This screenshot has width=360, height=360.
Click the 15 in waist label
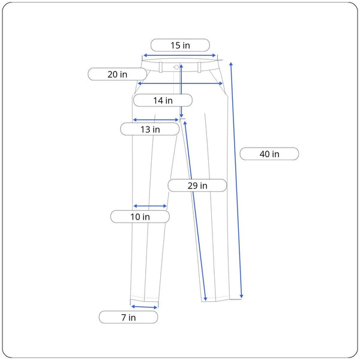click(180, 45)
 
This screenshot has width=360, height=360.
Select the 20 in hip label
click(118, 74)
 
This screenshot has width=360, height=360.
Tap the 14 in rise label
click(163, 100)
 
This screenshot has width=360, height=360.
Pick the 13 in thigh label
click(150, 129)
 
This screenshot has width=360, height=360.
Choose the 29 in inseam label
click(197, 185)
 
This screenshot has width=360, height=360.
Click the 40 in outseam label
click(269, 154)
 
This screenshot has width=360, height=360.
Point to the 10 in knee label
click(140, 217)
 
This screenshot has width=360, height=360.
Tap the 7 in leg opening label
click(128, 317)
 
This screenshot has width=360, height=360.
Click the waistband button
click(176, 67)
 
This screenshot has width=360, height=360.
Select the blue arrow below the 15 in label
click(179, 55)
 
